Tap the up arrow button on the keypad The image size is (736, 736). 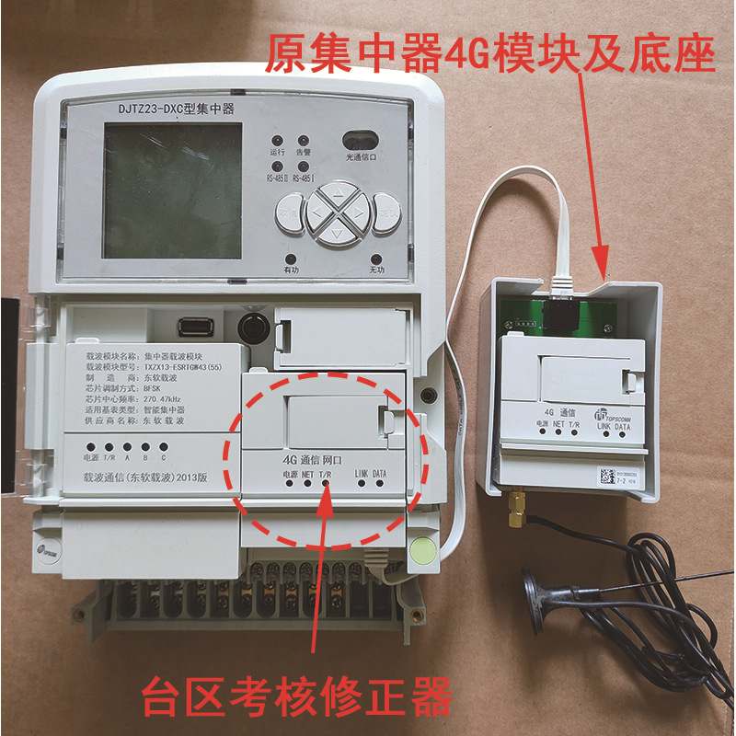point(336,195)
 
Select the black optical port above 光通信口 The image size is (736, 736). point(362,140)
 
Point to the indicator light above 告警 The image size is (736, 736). point(303,137)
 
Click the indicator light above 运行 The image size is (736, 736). point(276,137)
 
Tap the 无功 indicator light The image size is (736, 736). point(375,259)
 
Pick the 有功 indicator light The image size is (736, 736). point(291,259)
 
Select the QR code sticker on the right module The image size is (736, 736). point(605,477)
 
